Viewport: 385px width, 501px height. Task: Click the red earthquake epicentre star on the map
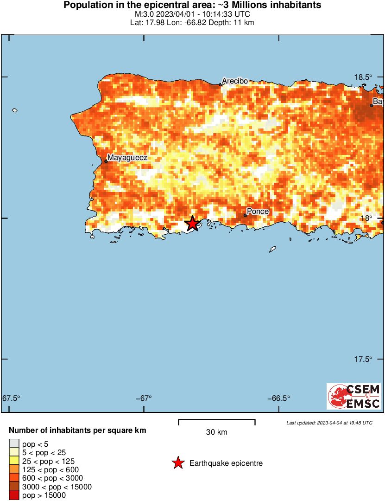click(x=192, y=223)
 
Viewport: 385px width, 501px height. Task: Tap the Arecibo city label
click(x=234, y=81)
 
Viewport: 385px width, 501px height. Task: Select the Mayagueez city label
click(x=127, y=158)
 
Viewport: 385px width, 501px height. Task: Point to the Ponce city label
click(x=258, y=212)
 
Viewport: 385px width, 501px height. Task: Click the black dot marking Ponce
click(x=245, y=215)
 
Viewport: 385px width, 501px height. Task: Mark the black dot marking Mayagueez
click(x=106, y=161)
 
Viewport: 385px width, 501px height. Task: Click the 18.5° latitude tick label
click(x=363, y=77)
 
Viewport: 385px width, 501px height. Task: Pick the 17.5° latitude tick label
click(x=363, y=359)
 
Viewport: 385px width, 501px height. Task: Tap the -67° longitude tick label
click(x=144, y=398)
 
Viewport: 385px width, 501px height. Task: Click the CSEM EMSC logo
click(x=354, y=396)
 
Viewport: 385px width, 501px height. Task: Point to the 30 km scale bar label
click(x=216, y=432)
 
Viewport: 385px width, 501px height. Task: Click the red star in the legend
click(x=177, y=463)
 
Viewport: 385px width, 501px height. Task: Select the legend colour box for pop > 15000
click(x=14, y=495)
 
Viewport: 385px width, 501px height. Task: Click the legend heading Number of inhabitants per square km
click(x=77, y=430)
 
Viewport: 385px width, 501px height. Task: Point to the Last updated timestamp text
click(x=329, y=423)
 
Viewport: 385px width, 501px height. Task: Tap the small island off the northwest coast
click(x=14, y=110)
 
